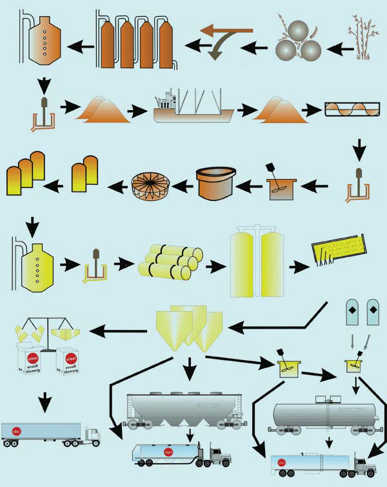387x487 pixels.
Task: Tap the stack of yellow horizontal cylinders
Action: coord(168,262)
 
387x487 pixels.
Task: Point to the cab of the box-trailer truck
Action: coord(91,437)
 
